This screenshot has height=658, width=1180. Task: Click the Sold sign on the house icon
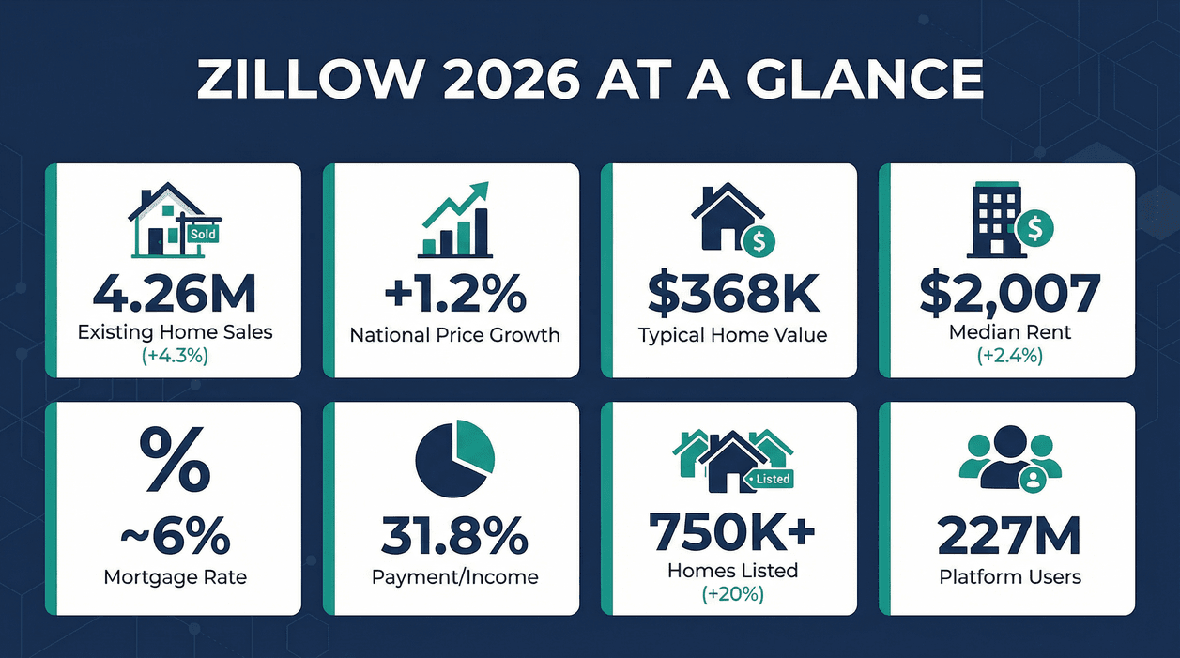click(203, 234)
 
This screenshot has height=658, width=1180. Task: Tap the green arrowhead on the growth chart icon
click(479, 191)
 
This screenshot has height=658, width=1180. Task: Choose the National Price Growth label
click(454, 334)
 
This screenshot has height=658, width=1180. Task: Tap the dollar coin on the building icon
click(1035, 226)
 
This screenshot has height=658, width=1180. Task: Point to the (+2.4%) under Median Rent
click(1010, 356)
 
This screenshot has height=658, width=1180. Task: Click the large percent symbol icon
click(175, 460)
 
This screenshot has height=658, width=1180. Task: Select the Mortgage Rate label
click(175, 576)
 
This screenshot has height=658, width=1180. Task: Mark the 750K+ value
click(732, 532)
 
